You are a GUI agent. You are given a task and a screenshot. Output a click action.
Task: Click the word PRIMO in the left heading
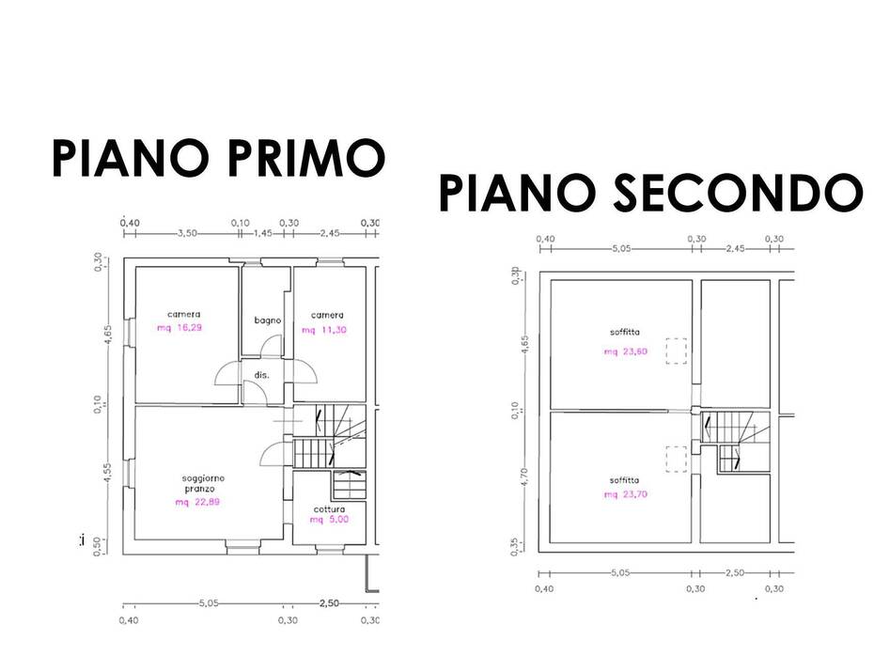(x=305, y=158)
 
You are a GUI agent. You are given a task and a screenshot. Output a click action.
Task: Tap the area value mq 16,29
(x=179, y=328)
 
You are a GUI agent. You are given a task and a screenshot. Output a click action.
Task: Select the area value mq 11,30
(x=324, y=330)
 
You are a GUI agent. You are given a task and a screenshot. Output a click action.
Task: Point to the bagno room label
(x=268, y=320)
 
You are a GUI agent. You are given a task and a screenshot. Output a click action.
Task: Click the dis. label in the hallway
(x=261, y=375)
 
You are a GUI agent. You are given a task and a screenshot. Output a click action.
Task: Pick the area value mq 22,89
(x=197, y=502)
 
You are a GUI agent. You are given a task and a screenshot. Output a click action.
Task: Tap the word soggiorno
(x=203, y=478)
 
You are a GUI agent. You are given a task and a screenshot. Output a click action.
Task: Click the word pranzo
(x=199, y=490)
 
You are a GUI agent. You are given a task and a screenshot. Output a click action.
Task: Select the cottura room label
(x=329, y=508)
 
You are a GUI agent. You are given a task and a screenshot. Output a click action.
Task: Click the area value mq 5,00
(x=329, y=520)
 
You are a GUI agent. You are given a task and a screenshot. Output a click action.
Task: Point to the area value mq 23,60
(x=625, y=351)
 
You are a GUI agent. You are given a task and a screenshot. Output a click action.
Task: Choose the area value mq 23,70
(x=625, y=494)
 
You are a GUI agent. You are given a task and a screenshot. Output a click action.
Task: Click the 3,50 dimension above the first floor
(x=187, y=233)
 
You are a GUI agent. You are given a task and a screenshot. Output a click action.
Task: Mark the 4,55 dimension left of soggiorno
(x=109, y=473)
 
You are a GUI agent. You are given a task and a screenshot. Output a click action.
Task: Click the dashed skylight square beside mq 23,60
(x=676, y=351)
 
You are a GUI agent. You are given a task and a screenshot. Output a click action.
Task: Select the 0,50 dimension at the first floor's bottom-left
(x=98, y=546)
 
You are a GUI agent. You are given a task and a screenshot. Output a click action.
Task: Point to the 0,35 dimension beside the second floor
(x=515, y=546)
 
